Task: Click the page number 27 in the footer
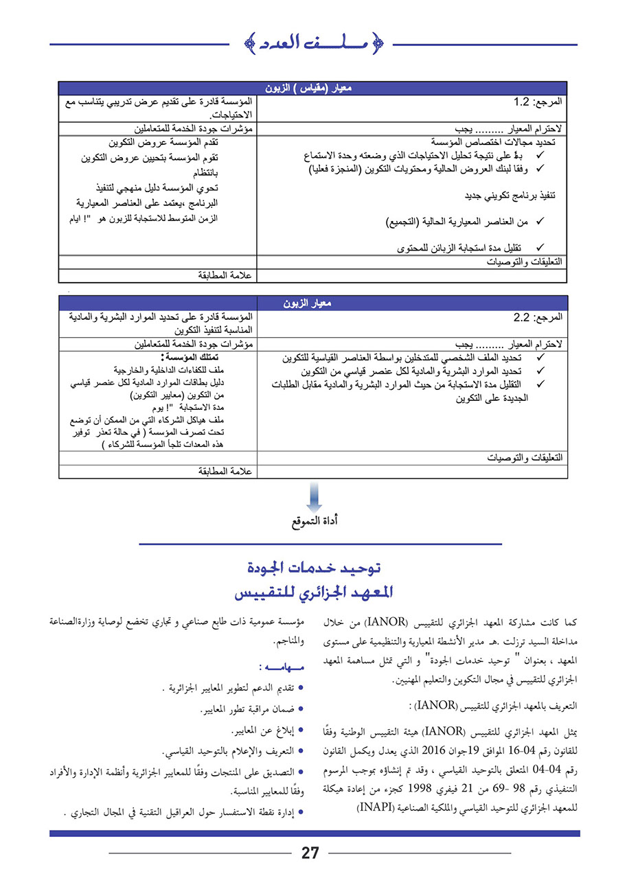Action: click(310, 853)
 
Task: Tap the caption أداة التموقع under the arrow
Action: click(314, 522)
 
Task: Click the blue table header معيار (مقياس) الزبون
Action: click(312, 89)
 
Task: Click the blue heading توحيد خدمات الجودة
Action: click(313, 568)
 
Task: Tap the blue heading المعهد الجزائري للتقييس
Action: click(313, 592)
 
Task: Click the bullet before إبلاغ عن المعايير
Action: click(301, 730)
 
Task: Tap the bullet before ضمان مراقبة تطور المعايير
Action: click(301, 709)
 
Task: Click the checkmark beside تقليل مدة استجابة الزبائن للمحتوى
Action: click(539, 247)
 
